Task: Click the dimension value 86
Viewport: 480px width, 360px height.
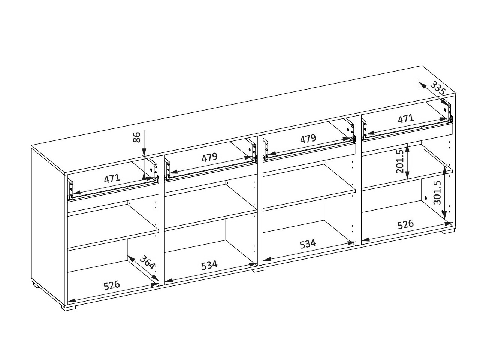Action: (x=137, y=137)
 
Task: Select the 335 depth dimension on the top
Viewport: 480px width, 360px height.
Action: (x=438, y=88)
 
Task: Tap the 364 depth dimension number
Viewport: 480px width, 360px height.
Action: (x=147, y=262)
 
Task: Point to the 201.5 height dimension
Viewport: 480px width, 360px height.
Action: (x=400, y=162)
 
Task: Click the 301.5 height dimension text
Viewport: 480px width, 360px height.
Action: (x=437, y=193)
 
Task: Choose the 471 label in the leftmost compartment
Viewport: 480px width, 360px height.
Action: (x=112, y=179)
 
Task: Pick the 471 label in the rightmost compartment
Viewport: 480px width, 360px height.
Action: (x=406, y=119)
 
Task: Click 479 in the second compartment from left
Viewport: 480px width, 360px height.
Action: (x=209, y=157)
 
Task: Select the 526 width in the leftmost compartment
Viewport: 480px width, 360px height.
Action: (x=112, y=285)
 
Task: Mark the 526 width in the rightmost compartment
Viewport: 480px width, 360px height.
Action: (x=406, y=224)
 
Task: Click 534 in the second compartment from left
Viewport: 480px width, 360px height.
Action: (x=209, y=265)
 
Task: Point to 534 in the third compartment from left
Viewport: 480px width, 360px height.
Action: (x=308, y=244)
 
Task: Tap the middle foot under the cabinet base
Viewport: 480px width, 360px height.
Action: (x=258, y=270)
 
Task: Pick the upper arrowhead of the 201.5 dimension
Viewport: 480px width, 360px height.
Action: (x=407, y=148)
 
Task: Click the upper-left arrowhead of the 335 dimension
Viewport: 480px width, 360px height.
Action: (x=422, y=86)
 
